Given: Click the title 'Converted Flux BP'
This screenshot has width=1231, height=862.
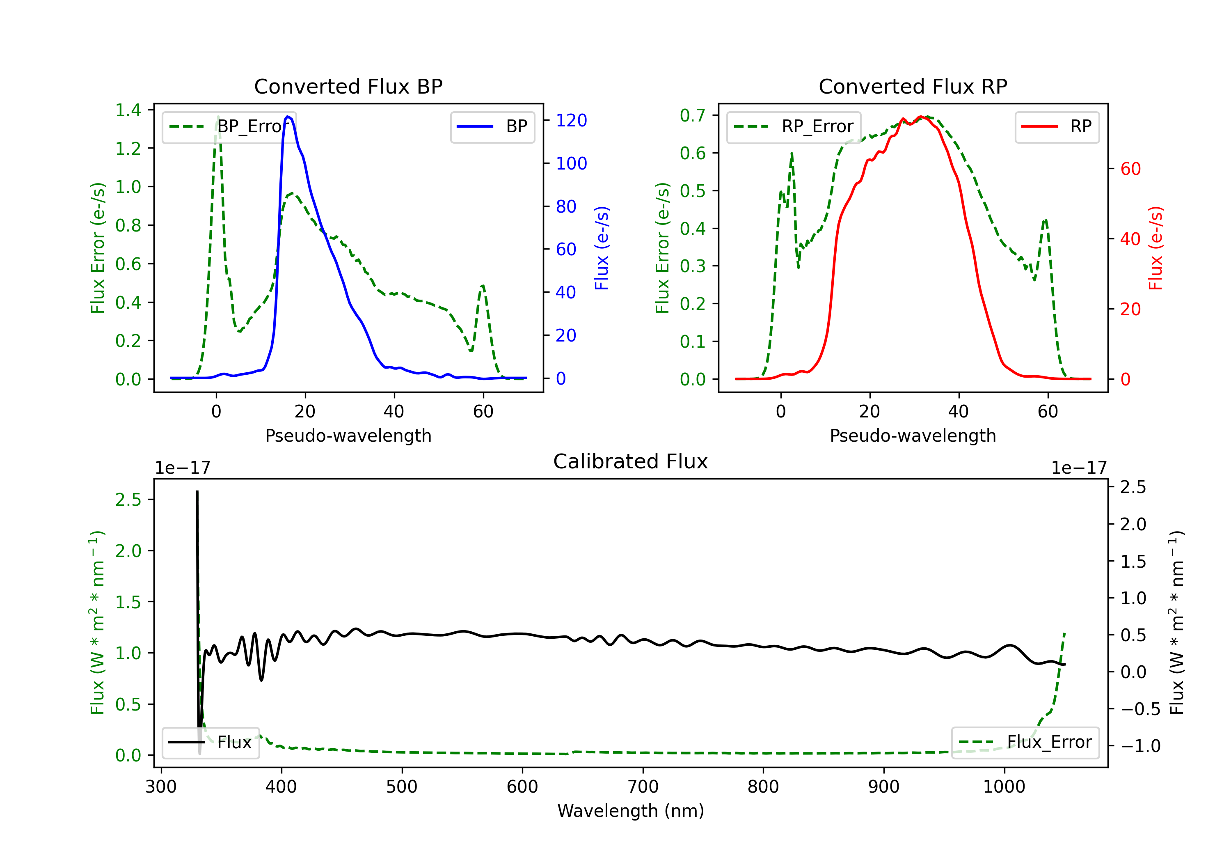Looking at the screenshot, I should click(x=348, y=86).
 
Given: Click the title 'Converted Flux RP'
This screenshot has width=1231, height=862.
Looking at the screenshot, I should click(x=913, y=86).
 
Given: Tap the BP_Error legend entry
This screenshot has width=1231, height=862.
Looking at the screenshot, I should click(x=229, y=126).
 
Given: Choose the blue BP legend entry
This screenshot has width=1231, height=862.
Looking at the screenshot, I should click(x=492, y=126).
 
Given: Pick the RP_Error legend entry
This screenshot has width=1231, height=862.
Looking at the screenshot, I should click(x=794, y=126).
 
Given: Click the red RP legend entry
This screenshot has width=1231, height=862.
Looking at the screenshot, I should click(x=1057, y=126).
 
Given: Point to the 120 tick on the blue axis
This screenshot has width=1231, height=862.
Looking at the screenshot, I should click(x=571, y=120).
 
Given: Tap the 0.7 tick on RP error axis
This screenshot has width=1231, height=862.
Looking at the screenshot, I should click(x=693, y=115).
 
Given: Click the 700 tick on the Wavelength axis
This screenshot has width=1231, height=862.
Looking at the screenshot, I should click(x=643, y=786).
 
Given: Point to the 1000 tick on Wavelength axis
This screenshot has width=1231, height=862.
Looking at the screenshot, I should click(x=1004, y=786).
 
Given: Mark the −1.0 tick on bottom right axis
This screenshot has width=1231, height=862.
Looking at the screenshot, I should click(x=1140, y=745).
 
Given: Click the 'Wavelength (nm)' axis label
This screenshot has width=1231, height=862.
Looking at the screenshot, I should click(x=631, y=811).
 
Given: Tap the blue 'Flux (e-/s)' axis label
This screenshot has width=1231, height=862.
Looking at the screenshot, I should click(x=602, y=248).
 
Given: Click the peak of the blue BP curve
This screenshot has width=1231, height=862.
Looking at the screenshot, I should click(x=288, y=117).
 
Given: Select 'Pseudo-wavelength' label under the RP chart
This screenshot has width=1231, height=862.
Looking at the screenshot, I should click(x=913, y=436).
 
